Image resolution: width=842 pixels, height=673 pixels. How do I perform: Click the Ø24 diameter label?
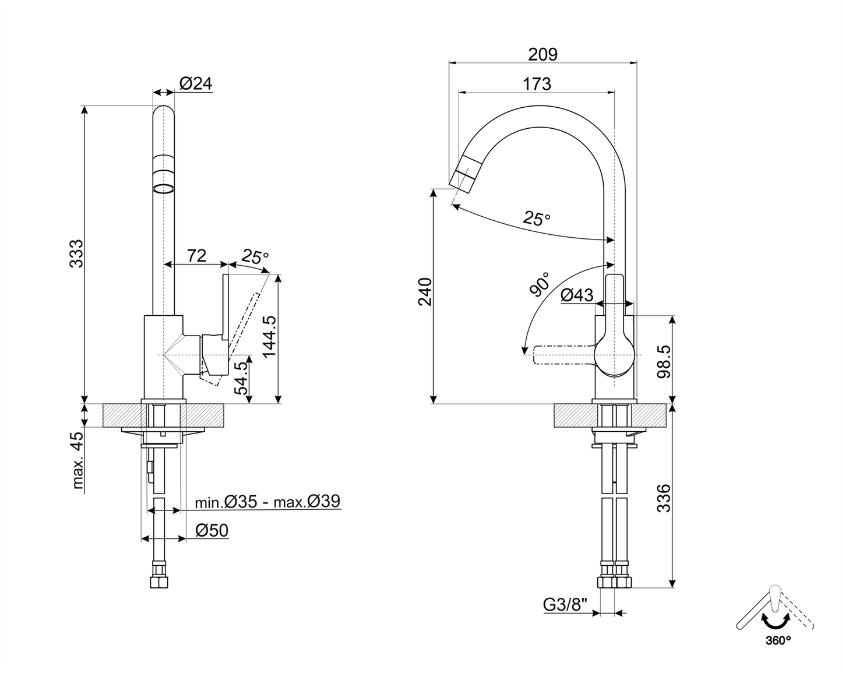[x=196, y=84]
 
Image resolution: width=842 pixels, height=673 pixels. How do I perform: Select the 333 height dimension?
[x=76, y=253]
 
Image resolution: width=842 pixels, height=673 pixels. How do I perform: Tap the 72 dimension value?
[x=197, y=255]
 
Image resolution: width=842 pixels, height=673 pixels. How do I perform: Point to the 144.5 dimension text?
[x=269, y=337]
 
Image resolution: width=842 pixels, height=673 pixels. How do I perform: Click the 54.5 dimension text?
[x=242, y=378]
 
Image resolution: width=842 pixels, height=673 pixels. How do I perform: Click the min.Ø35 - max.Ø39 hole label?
[x=267, y=502]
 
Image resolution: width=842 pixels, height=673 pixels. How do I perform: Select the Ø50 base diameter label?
[x=212, y=530]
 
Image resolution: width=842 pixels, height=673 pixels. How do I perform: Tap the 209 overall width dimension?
[x=542, y=54]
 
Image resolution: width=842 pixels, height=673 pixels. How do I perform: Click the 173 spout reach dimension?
[x=537, y=84]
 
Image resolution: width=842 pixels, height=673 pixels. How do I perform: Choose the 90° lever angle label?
[x=539, y=284]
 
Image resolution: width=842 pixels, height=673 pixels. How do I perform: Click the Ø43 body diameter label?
[x=577, y=296]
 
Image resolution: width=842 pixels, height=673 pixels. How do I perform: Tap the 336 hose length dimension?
[x=664, y=498]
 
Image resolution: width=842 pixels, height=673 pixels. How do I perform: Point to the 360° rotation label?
[x=778, y=640]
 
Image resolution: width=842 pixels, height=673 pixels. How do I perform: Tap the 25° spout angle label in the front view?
[x=536, y=219]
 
